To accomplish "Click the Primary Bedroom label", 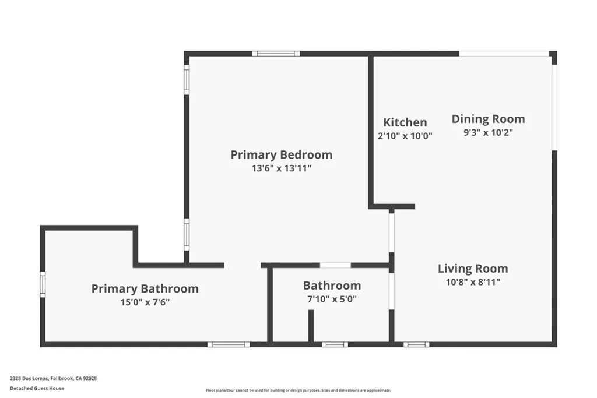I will pyautogui.click(x=281, y=154).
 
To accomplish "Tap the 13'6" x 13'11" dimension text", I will pyautogui.click(x=281, y=168).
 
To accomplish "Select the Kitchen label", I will pyautogui.click(x=405, y=122).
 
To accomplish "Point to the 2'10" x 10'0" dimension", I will pyautogui.click(x=405, y=135).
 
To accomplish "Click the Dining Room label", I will pyautogui.click(x=488, y=119).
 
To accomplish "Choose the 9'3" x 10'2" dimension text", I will pyautogui.click(x=488, y=132).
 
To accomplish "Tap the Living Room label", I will pyautogui.click(x=473, y=269).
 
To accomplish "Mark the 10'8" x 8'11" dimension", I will pyautogui.click(x=473, y=282).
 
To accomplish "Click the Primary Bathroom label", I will pyautogui.click(x=145, y=288).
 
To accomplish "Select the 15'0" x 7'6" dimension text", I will pyautogui.click(x=145, y=302).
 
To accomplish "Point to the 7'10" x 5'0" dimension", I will pyautogui.click(x=332, y=299).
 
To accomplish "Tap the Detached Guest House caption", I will pyautogui.click(x=37, y=388).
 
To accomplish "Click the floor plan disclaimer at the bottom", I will pyautogui.click(x=298, y=390).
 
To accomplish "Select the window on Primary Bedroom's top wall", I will pyautogui.click(x=276, y=54).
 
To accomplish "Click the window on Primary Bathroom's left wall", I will pyautogui.click(x=43, y=284).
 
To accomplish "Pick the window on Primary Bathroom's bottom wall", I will pyautogui.click(x=229, y=344).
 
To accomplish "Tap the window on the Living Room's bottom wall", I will pyautogui.click(x=416, y=344).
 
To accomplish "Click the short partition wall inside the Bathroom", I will pyautogui.click(x=311, y=326).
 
